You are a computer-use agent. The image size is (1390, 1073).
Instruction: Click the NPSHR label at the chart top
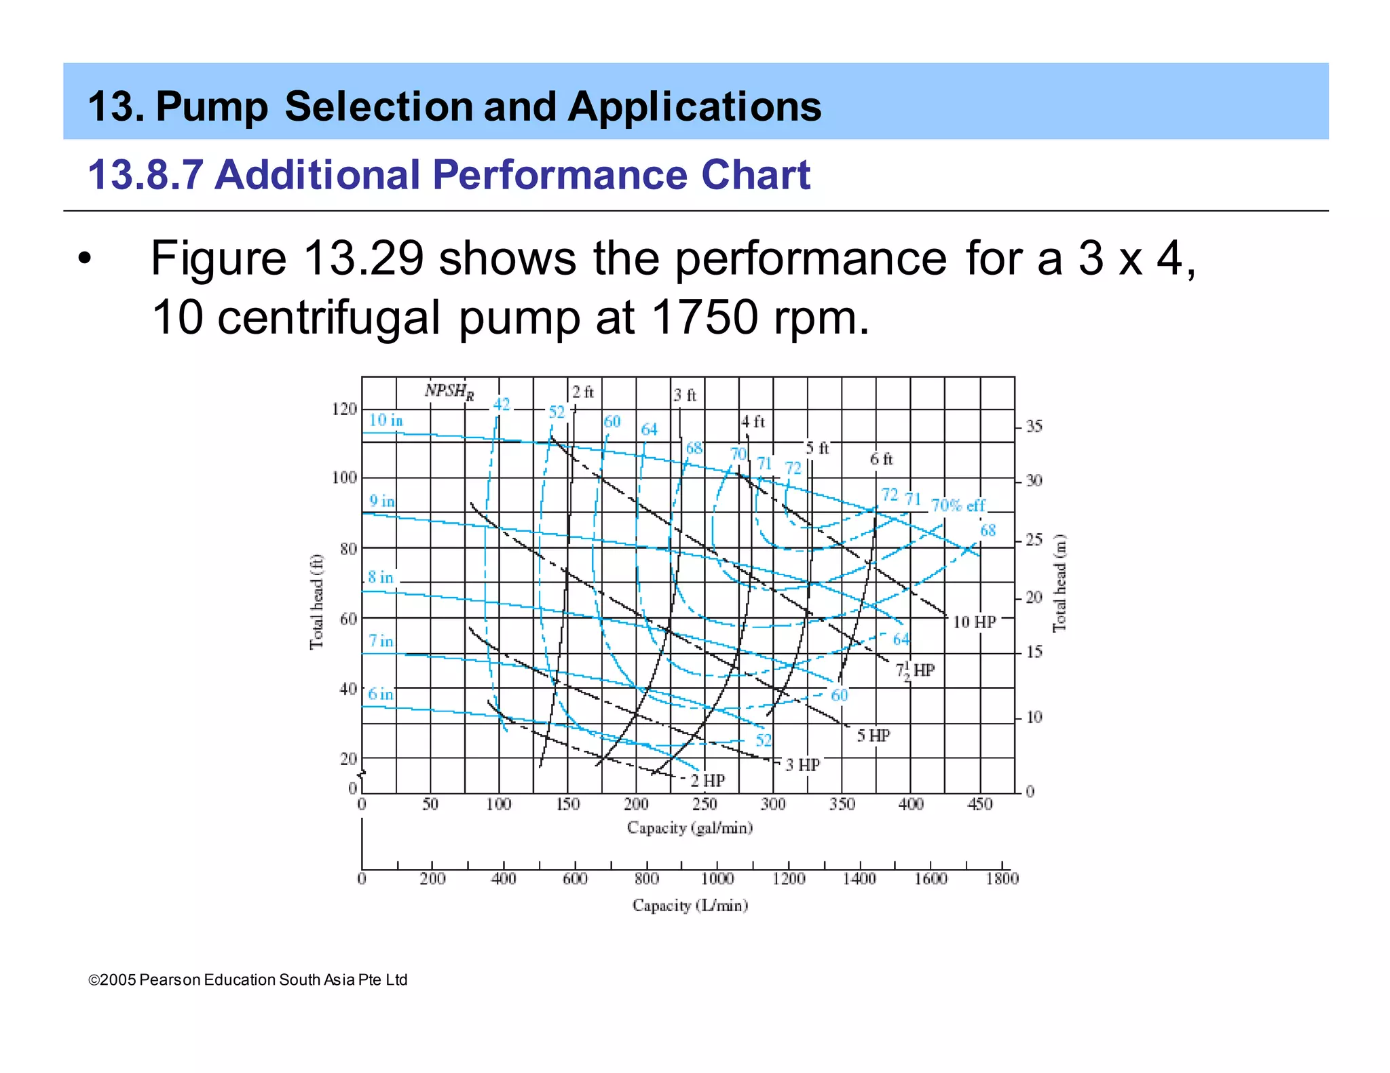click(x=449, y=391)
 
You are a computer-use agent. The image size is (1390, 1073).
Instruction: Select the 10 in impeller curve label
click(x=386, y=421)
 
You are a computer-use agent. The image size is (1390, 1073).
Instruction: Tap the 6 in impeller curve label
click(x=380, y=695)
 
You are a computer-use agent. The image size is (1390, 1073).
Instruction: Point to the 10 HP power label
click(x=974, y=622)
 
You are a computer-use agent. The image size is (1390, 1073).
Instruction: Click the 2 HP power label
click(x=708, y=781)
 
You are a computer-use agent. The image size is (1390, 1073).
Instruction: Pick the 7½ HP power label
click(x=915, y=671)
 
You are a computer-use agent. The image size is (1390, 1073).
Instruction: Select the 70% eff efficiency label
click(x=958, y=505)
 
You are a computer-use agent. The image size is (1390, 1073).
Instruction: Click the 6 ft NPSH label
click(x=881, y=459)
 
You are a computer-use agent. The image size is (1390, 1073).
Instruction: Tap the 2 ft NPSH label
click(x=582, y=392)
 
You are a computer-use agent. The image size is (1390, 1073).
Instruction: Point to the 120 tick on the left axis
click(x=343, y=409)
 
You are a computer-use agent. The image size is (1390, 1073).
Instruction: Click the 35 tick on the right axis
click(x=1034, y=427)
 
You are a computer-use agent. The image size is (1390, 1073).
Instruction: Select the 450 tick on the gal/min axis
click(x=979, y=804)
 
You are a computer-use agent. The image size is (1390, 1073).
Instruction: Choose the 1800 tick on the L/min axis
click(x=1002, y=879)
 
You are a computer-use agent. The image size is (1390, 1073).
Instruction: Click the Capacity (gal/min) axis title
click(x=690, y=828)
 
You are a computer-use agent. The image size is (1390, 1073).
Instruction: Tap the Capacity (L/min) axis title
click(x=690, y=905)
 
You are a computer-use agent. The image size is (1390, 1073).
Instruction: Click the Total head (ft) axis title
click(x=316, y=602)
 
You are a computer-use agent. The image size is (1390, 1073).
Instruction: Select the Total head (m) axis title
click(x=1059, y=583)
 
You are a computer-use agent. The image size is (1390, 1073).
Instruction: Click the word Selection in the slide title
click(x=379, y=106)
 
